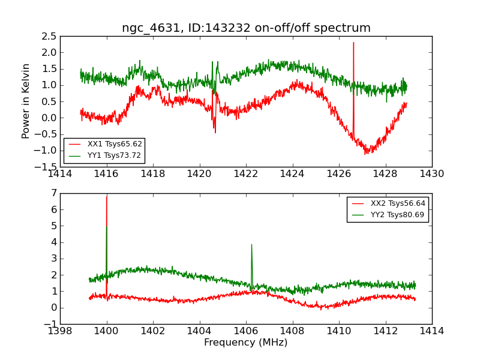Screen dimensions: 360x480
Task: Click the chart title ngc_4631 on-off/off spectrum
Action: [x=246, y=28]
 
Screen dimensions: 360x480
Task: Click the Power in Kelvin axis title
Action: [x=26, y=101]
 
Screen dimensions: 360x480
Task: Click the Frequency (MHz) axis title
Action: [x=246, y=343]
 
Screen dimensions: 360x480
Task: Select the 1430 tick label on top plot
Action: [x=431, y=174]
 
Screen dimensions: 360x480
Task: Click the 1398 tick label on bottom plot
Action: [x=60, y=331]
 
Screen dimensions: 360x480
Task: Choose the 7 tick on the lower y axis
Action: [x=53, y=193]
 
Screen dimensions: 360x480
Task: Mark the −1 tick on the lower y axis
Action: [x=50, y=324]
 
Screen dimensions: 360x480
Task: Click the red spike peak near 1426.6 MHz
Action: [x=353, y=43]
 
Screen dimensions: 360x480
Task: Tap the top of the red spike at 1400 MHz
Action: [x=107, y=197]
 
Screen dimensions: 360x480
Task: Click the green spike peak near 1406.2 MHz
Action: [x=251, y=244]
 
